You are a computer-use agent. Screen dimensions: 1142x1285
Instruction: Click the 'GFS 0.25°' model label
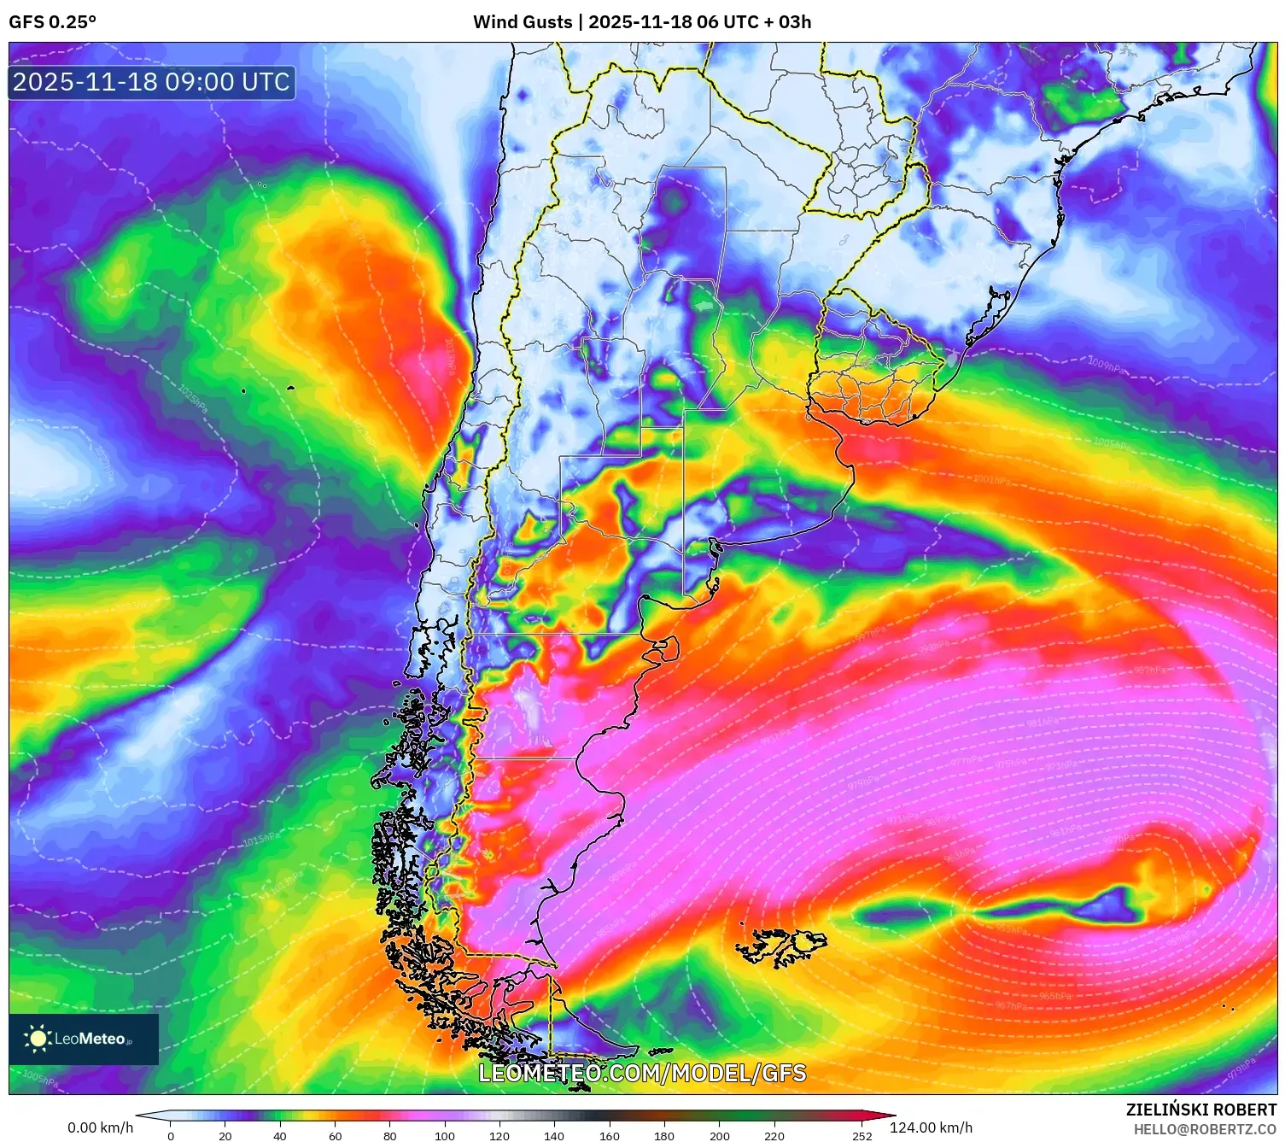click(x=52, y=22)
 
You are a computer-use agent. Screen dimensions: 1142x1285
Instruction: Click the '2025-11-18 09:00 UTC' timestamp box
click(x=152, y=83)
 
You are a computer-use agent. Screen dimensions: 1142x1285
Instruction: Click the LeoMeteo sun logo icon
click(x=38, y=1039)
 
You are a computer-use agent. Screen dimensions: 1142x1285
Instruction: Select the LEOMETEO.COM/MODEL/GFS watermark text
click(x=642, y=1073)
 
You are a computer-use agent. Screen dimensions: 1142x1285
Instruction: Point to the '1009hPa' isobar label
click(x=1106, y=365)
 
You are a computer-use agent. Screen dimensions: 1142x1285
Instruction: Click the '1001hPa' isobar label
click(x=991, y=480)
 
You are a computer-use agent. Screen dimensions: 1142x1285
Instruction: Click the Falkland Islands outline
click(x=781, y=945)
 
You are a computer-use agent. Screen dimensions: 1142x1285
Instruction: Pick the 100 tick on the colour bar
click(x=445, y=1135)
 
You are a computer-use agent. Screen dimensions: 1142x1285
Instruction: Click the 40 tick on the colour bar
click(x=280, y=1135)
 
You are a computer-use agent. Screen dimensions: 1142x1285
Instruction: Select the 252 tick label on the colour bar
click(x=862, y=1136)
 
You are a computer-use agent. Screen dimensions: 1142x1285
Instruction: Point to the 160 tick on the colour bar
click(x=610, y=1135)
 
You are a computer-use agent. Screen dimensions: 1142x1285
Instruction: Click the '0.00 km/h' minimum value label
click(x=101, y=1127)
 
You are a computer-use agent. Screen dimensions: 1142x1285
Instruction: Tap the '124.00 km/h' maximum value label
click(x=931, y=1127)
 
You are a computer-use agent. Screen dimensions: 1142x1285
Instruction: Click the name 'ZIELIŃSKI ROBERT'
click(x=1201, y=1110)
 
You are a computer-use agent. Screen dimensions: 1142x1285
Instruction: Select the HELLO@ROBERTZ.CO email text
click(x=1205, y=1129)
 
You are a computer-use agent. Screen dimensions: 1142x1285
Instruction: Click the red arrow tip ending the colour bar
click(x=888, y=1116)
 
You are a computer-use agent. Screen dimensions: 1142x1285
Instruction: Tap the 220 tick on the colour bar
click(x=774, y=1135)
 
